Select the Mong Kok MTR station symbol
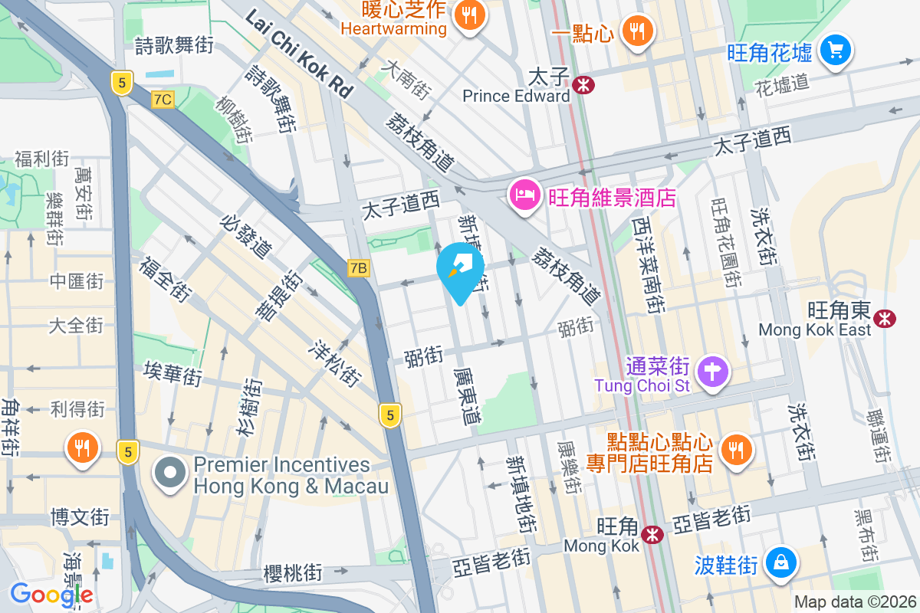click(652, 534)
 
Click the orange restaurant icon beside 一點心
click(636, 31)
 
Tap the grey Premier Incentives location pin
click(169, 473)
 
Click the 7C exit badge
click(163, 99)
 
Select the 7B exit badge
click(358, 267)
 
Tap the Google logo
click(51, 594)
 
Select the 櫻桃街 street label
click(293, 572)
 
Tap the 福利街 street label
click(41, 159)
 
